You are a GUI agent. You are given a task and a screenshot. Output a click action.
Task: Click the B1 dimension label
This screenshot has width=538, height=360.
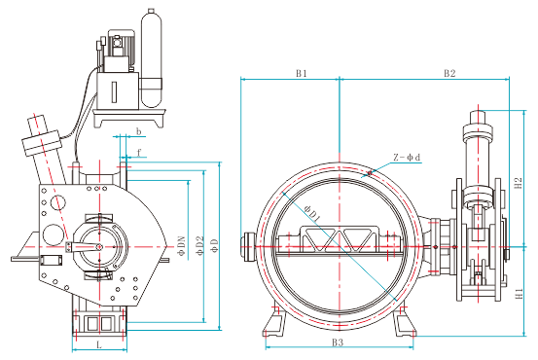302,73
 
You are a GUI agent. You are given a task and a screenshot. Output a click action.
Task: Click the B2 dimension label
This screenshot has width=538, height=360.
449,73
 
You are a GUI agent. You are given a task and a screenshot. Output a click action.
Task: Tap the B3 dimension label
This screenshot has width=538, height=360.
338,342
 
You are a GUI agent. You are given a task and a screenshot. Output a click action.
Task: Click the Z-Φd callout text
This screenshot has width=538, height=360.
407,158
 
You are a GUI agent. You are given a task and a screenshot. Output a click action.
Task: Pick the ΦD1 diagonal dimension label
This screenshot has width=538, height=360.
312,213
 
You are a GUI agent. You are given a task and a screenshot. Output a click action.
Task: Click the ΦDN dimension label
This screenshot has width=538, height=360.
181,245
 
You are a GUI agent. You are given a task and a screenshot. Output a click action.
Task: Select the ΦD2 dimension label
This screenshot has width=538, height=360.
200,245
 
